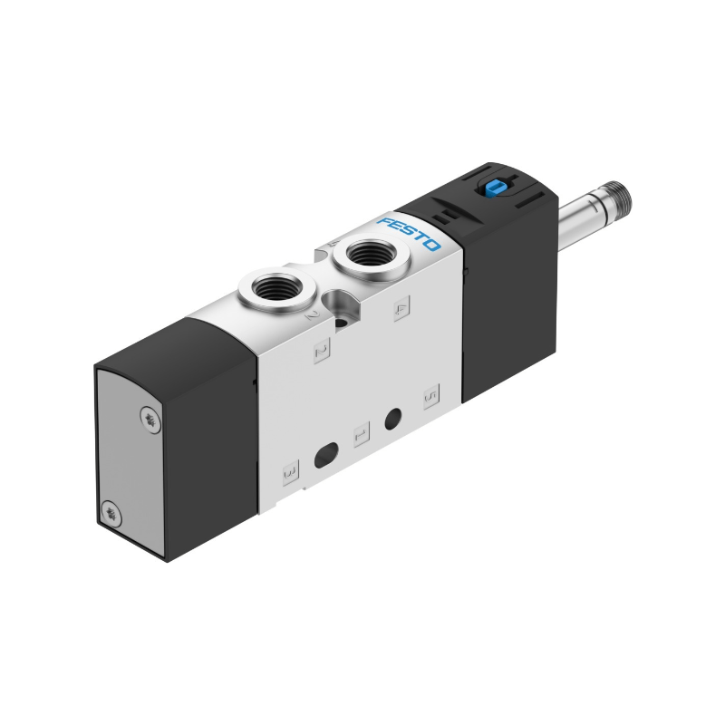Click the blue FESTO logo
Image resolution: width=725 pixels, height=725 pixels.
[x=409, y=235]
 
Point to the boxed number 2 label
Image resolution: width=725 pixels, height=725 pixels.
[x=320, y=349]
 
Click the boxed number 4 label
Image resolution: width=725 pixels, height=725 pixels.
[x=402, y=308]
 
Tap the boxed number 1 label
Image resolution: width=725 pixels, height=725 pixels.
[x=361, y=434]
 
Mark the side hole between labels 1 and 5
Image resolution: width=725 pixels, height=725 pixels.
[x=393, y=420]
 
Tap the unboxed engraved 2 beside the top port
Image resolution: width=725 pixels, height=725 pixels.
[x=311, y=315]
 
